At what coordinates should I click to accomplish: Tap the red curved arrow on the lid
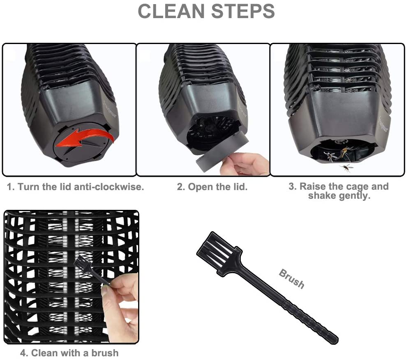click(84, 138)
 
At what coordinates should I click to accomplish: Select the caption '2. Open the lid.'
click(212, 187)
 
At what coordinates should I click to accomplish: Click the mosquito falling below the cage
click(346, 167)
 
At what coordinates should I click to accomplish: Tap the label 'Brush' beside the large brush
click(291, 279)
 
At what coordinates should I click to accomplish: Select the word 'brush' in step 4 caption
click(105, 353)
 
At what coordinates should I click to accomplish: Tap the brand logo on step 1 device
click(110, 109)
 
